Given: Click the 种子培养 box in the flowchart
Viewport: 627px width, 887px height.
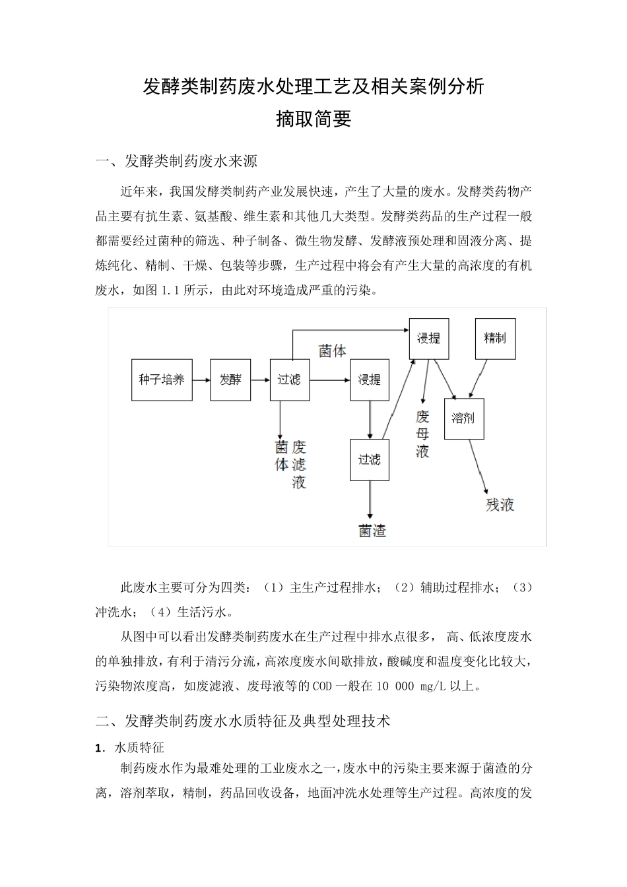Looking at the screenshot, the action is [x=162, y=379].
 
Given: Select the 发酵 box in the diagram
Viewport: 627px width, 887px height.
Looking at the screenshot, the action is [x=230, y=379].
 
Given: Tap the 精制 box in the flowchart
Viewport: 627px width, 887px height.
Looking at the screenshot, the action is [x=495, y=339].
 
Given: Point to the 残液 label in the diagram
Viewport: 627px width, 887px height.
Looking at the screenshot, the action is [x=500, y=506].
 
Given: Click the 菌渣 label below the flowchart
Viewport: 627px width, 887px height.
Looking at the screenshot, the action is [x=372, y=531].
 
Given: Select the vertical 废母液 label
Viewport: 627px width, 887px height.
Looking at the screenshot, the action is [x=422, y=434].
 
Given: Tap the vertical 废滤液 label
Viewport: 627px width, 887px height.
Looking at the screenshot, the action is [x=299, y=465].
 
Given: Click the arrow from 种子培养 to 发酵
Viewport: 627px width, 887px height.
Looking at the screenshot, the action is [x=201, y=379].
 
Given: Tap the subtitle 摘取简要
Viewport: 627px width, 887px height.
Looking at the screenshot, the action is [x=313, y=119].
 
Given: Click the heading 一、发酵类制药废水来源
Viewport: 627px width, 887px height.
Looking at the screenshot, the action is [x=176, y=161].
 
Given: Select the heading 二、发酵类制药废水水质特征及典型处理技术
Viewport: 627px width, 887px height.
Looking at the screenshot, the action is [x=243, y=721].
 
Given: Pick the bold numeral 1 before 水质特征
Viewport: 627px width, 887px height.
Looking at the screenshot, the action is [x=99, y=748].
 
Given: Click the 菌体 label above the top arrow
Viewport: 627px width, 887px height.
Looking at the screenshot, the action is [x=332, y=351].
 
